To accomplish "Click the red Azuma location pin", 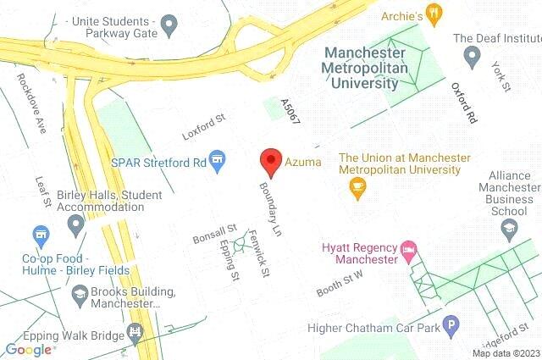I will click(x=270, y=159).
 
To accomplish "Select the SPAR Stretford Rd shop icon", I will click(x=218, y=160).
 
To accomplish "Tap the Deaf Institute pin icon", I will click(x=473, y=55).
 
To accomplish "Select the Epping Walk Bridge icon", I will click(x=134, y=332).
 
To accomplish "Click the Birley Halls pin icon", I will click(x=76, y=225).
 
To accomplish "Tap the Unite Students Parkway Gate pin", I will click(x=169, y=25).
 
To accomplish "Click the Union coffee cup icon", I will click(x=357, y=186).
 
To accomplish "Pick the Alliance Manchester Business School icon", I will click(x=508, y=227).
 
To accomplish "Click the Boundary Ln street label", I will click(x=270, y=206).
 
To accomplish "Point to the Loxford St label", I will click(x=203, y=129).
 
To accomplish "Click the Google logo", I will click(x=28, y=349).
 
